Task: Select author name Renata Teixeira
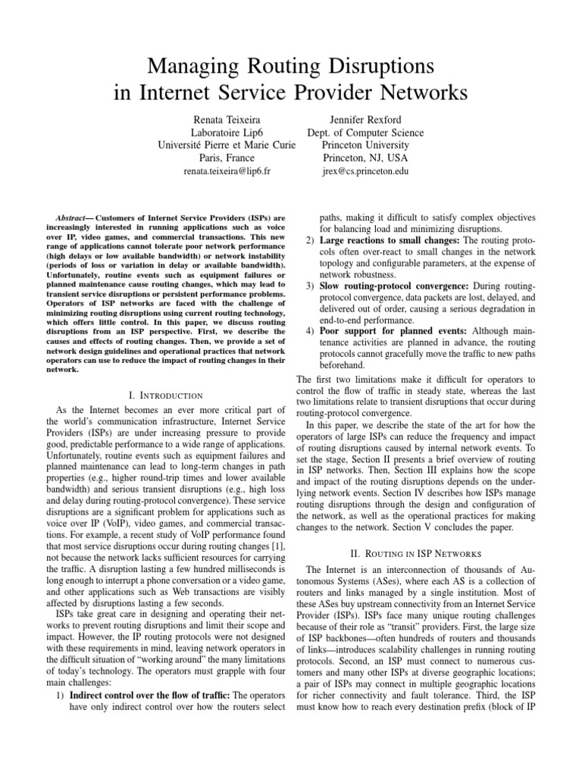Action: tap(222, 119)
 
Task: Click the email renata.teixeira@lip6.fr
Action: tap(222, 173)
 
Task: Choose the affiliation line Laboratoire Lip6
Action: tap(222, 133)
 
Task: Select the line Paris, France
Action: tap(222, 159)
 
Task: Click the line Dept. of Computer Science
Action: tap(365, 133)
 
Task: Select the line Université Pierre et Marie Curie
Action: tap(222, 145)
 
